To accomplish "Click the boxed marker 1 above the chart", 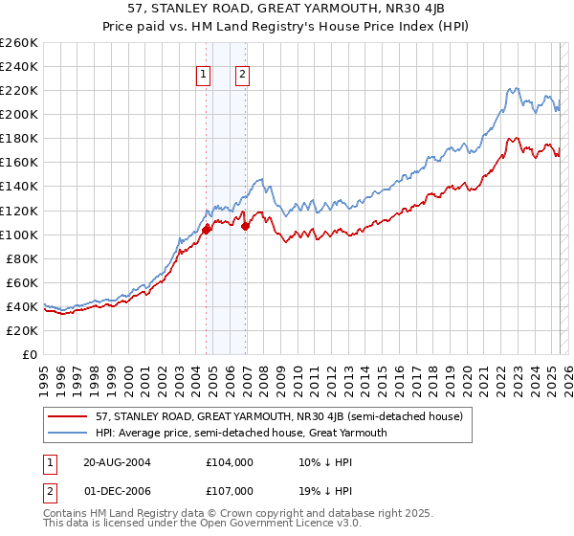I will [x=205, y=76].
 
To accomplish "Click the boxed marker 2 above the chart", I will [x=242, y=76].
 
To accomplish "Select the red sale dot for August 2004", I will [x=206, y=229].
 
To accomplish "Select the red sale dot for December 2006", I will [x=246, y=226].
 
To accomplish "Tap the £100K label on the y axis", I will [x=19, y=234].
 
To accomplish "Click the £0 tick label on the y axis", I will [x=29, y=354].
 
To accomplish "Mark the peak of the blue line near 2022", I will [x=515, y=88].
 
